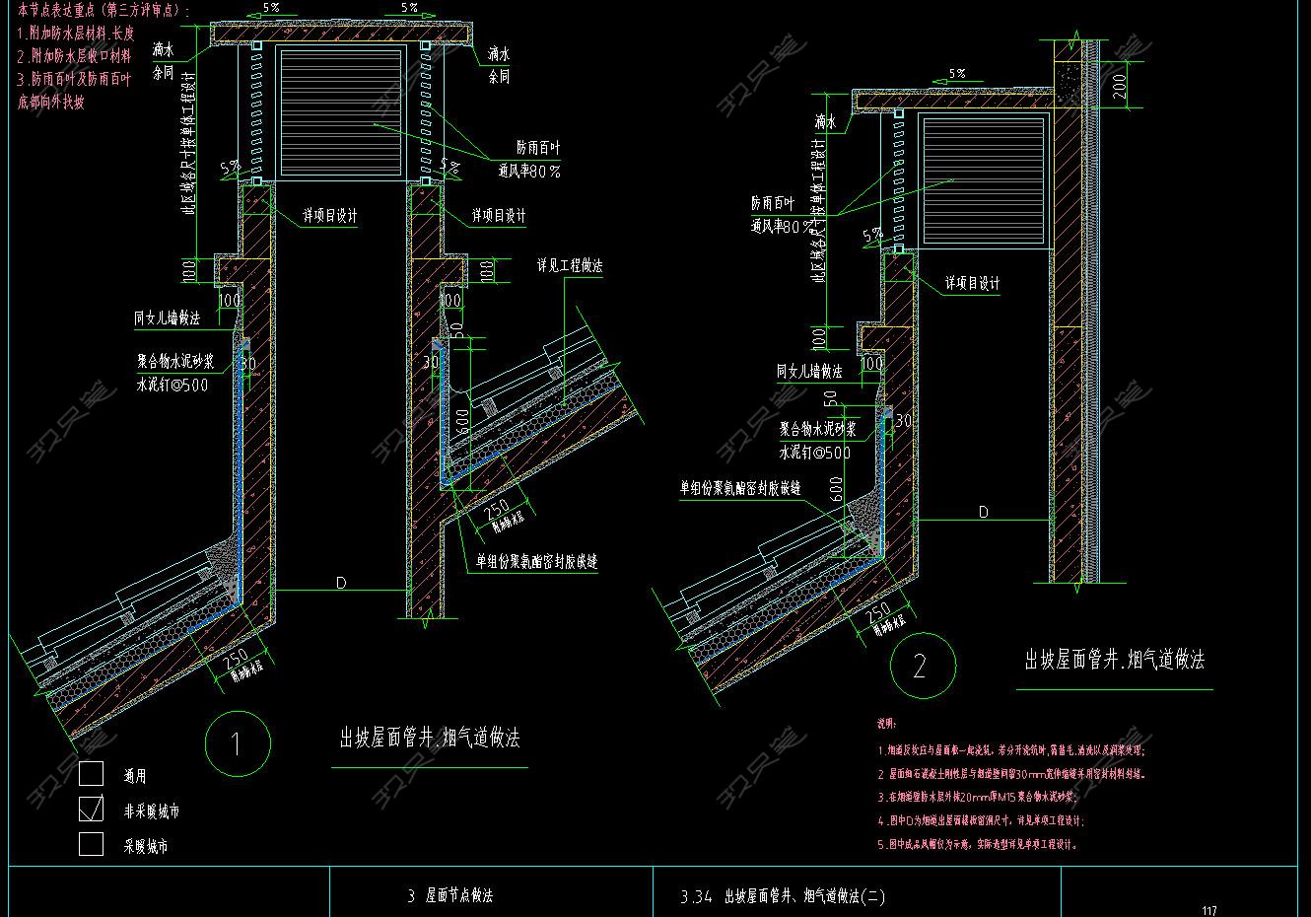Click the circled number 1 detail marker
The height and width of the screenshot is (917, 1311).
tap(236, 744)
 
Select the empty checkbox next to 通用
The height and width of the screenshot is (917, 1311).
tap(91, 774)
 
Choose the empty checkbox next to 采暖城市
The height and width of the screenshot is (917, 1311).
tap(91, 844)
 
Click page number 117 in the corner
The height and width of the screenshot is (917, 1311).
tap(1209, 910)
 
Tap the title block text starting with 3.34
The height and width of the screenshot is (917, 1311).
tap(783, 896)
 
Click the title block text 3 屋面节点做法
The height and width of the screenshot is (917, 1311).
tap(449, 895)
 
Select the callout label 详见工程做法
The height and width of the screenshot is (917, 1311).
tap(570, 266)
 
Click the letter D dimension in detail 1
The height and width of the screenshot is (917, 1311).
tap(341, 583)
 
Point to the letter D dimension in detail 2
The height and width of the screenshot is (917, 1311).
tap(983, 512)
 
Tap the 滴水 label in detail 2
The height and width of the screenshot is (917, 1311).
tap(825, 122)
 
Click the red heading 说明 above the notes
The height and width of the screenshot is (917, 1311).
tap(886, 725)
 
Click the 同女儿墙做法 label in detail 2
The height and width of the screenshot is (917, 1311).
tap(809, 372)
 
